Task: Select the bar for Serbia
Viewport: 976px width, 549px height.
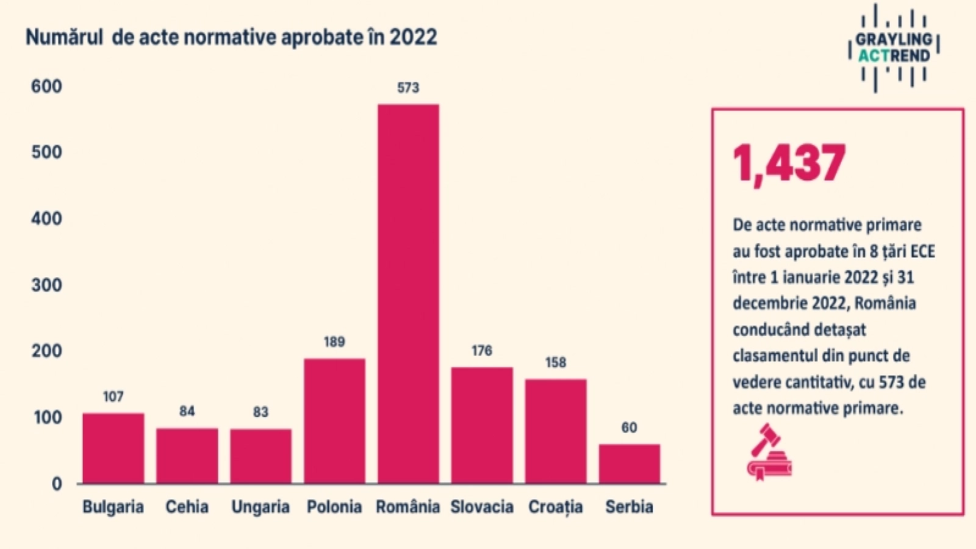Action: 629,464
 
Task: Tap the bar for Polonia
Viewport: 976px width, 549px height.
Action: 334,421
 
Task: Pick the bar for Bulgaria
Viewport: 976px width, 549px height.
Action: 113,448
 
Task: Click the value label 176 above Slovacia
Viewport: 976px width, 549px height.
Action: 482,351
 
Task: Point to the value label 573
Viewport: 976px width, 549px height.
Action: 408,88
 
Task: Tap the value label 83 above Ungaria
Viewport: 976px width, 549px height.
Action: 260,412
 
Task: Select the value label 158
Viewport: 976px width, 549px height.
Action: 556,362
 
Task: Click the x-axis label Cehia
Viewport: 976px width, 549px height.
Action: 187,507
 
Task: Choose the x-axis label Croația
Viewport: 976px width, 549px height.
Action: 556,507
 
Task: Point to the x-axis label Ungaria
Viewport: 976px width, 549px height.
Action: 260,507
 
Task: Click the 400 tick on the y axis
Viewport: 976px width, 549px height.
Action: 46,218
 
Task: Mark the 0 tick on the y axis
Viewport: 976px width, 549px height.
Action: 57,484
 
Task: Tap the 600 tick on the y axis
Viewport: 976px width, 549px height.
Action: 46,87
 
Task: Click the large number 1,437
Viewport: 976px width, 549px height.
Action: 789,163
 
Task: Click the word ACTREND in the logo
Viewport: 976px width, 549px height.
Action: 894,56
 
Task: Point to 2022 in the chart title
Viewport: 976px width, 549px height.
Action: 413,37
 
